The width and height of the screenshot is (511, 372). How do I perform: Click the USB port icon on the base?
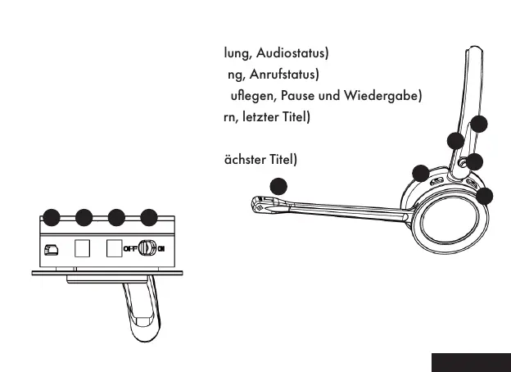pos(51,248)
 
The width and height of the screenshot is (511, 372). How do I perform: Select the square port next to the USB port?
pos(82,247)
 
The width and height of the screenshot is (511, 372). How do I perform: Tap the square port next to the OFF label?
pos(113,247)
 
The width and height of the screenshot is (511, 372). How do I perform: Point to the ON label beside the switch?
pos(162,248)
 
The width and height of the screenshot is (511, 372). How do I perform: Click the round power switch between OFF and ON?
pos(147,248)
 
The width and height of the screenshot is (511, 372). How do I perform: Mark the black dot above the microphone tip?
pos(279,185)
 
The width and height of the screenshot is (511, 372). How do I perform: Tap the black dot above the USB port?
pos(51,217)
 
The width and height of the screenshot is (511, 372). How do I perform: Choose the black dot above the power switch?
pos(148,217)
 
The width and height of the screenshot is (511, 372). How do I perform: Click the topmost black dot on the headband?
pos(480,125)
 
